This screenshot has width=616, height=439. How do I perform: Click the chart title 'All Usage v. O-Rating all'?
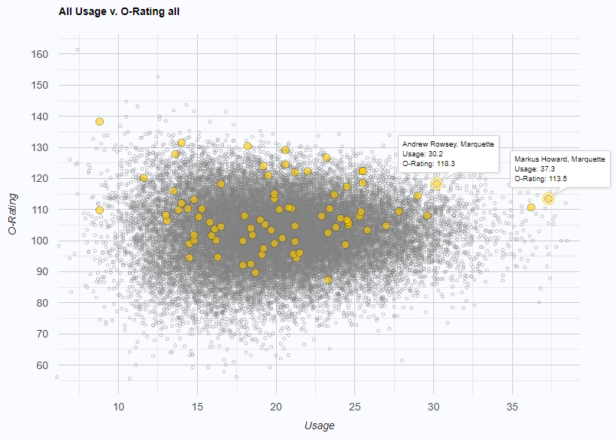pos(119,12)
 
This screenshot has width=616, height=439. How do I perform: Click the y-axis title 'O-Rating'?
pos(13,213)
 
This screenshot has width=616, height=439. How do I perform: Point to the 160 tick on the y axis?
pos(40,54)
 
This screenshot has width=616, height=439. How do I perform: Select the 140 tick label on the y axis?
pos(40,117)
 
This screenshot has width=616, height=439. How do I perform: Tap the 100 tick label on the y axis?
pos(40,241)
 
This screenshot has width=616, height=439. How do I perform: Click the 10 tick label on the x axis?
pos(118,407)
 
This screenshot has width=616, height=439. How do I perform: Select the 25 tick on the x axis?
pos(355,407)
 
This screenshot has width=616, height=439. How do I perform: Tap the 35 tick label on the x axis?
pos(512,407)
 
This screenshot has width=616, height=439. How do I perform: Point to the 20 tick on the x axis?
pos(276,407)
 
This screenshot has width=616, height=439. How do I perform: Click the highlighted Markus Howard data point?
pos(548,198)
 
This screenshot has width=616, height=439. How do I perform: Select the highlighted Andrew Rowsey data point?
pos(436,183)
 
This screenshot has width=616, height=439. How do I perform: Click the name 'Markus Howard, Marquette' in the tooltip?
pos(560,159)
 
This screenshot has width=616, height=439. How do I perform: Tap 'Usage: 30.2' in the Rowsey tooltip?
pos(423,153)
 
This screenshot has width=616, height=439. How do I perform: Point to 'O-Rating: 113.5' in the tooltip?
pos(540,179)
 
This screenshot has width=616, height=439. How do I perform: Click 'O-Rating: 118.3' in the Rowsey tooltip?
pos(428,162)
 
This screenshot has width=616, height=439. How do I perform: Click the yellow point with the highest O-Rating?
pos(99,121)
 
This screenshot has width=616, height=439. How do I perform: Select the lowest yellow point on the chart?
pos(328,280)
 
